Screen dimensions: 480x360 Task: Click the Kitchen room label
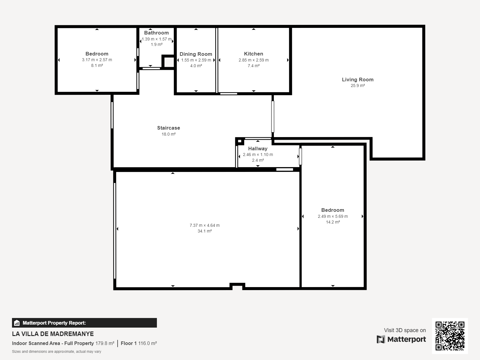point(253,54)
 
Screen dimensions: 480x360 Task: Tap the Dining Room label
point(196,54)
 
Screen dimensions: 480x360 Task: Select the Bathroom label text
point(156,33)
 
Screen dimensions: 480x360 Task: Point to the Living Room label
point(358,79)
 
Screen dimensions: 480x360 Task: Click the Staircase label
point(168,128)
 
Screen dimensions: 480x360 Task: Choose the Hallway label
point(258,148)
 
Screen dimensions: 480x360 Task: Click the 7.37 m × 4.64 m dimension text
point(205,225)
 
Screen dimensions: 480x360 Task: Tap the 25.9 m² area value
point(358,85)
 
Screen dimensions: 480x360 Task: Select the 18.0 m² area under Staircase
point(168,134)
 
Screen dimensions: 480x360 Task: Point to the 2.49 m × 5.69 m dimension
point(333,216)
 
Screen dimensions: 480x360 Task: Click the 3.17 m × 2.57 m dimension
point(97,60)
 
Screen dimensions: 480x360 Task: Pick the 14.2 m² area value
point(333,222)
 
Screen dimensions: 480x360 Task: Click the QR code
point(450,336)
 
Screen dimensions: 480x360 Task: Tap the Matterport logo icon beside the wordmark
point(381,339)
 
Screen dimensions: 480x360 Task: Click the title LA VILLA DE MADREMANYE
point(53,334)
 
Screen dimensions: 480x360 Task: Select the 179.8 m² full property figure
point(105,343)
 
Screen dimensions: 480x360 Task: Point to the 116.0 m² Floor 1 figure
point(147,343)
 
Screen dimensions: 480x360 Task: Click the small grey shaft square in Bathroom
point(169,62)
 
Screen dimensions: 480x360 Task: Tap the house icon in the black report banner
point(17,323)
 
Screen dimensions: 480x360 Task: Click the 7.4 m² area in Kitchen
point(253,66)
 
